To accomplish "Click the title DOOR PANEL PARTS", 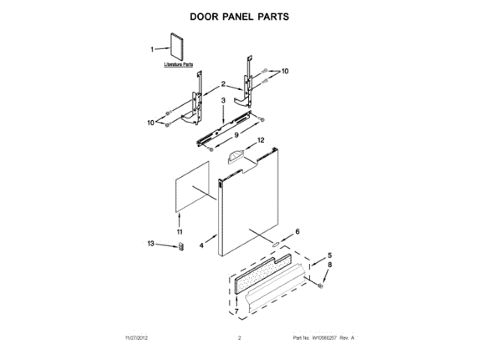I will pos(239,15).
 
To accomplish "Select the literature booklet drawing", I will pos(178,47).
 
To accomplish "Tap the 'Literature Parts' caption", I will pos(178,66).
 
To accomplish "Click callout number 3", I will pos(223,100).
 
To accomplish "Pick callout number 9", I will pos(235,135).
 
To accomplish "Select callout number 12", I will pos(261,140).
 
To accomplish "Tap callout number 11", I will pos(179,232).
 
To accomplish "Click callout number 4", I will pos(202,244).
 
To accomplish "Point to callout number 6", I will pos(297,232).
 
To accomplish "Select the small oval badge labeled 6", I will pos(276,244).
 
